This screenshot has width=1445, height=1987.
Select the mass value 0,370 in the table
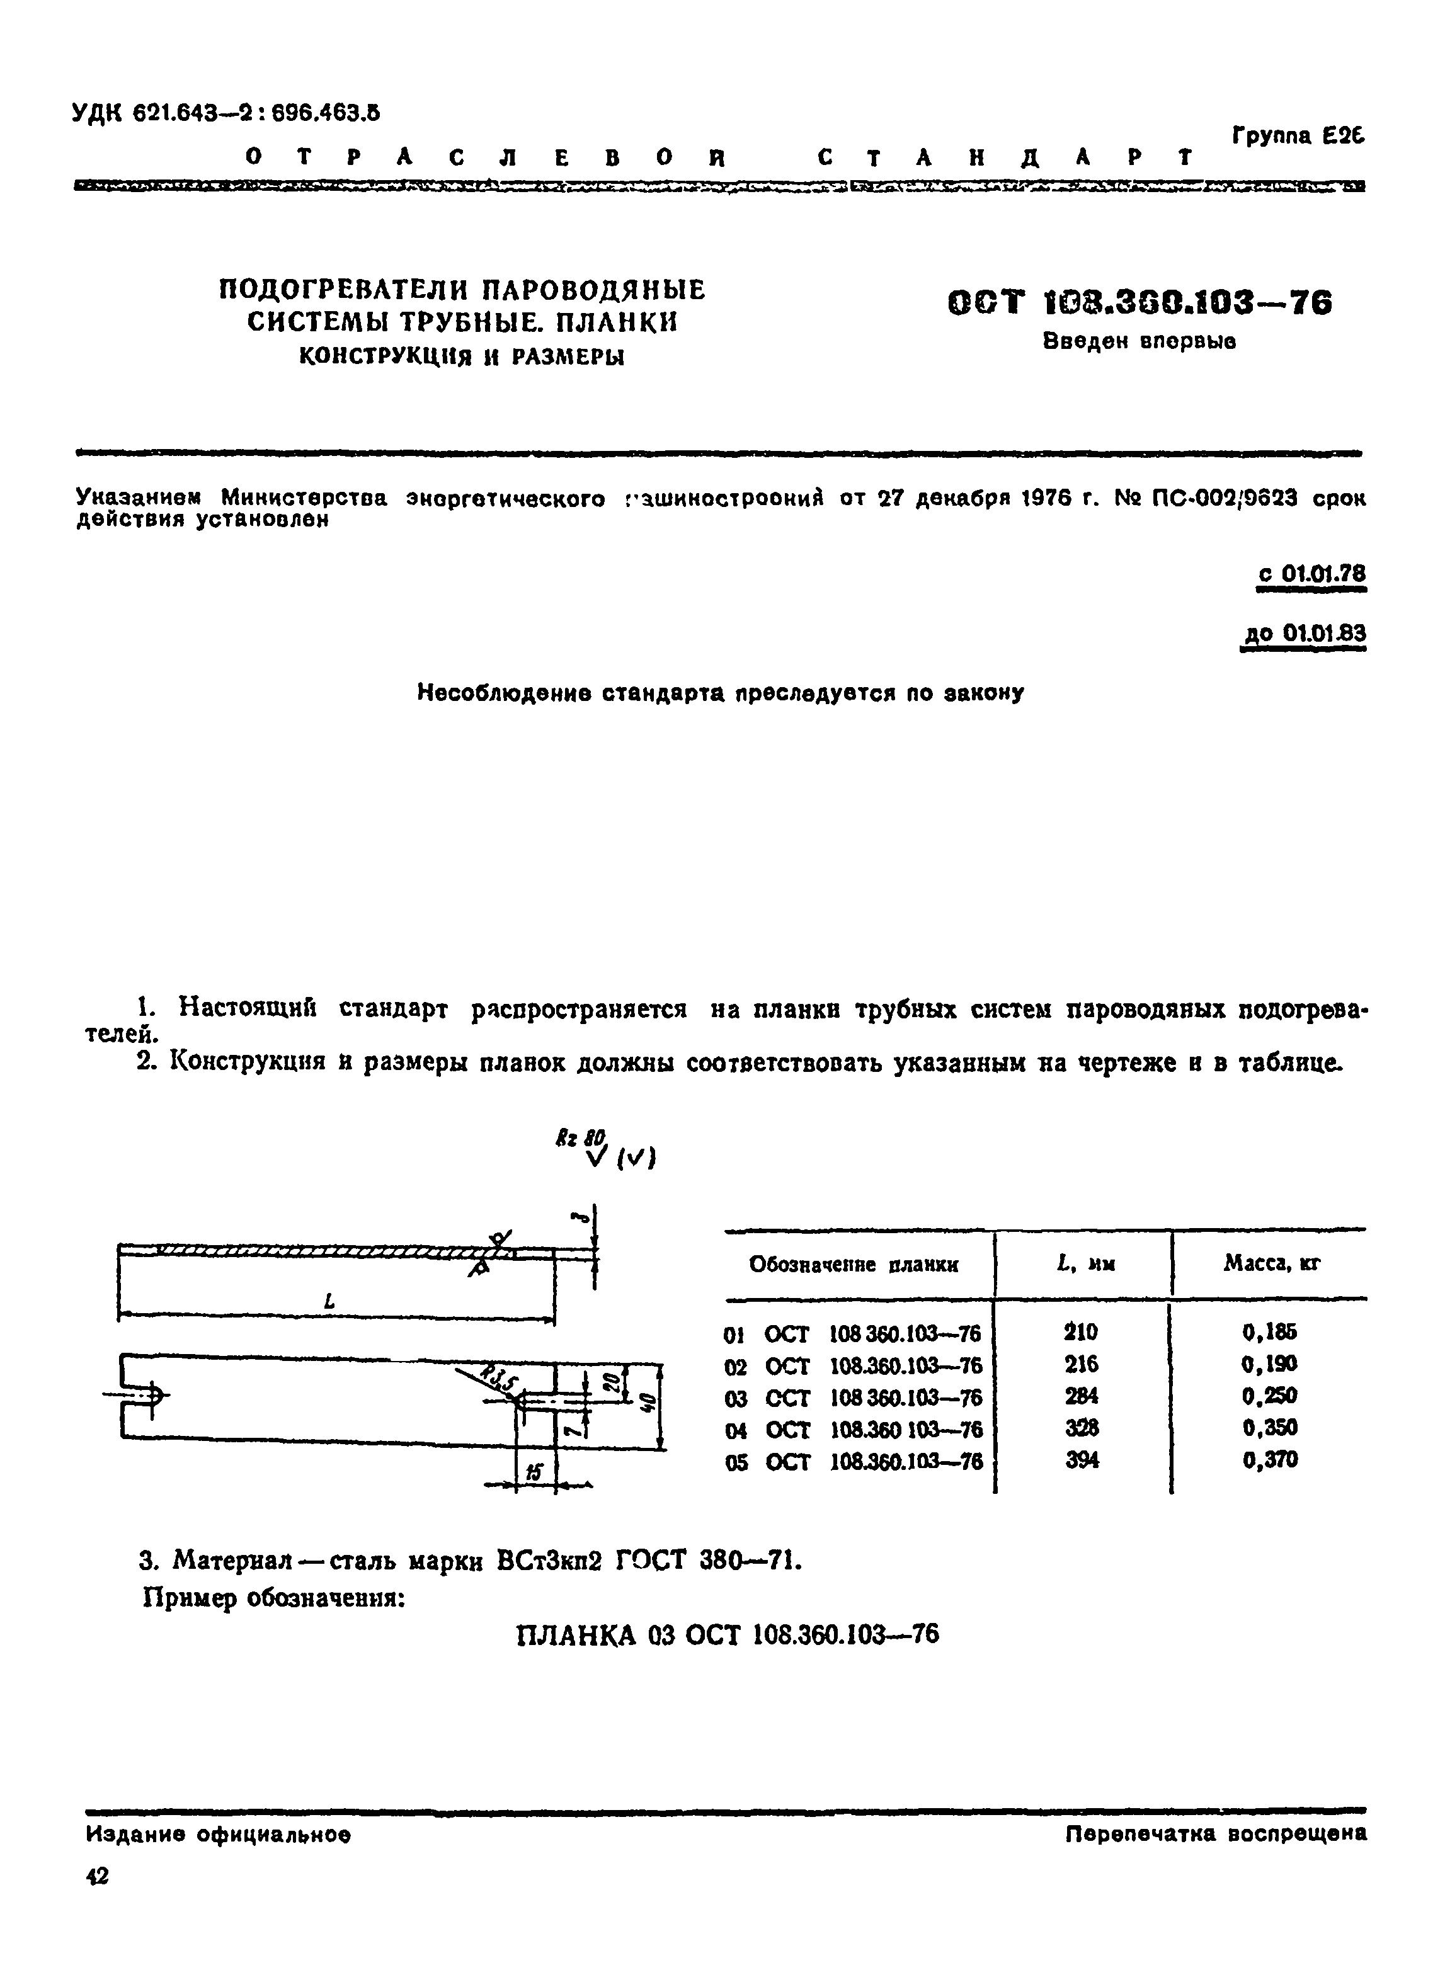(1270, 1460)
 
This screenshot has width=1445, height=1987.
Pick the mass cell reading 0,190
(1270, 1364)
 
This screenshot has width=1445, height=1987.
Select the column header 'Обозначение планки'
(854, 1264)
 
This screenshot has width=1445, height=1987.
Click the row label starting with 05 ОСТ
(854, 1461)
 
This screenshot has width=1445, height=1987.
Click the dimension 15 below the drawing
(534, 1474)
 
